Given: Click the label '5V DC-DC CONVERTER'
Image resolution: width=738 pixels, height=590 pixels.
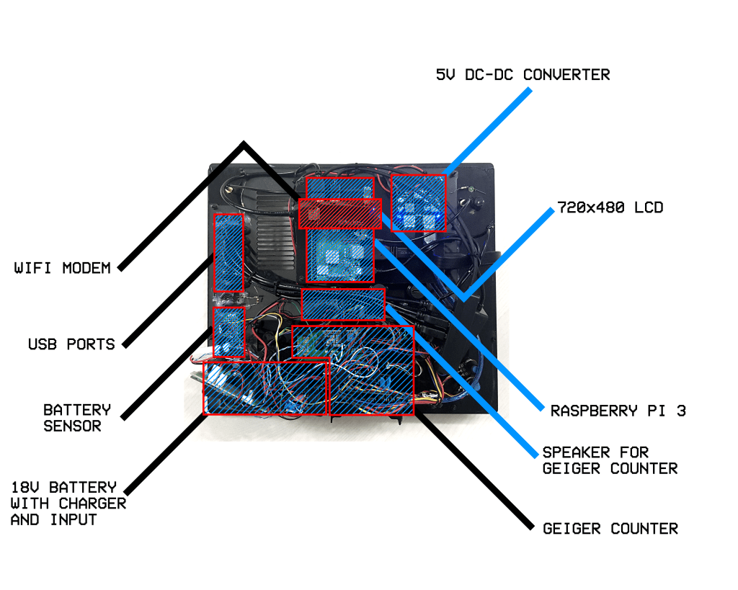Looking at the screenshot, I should (x=523, y=75).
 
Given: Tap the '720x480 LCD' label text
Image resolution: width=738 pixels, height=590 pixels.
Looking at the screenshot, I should (x=610, y=208).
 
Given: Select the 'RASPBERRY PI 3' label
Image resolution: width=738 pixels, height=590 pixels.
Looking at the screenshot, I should (x=618, y=411).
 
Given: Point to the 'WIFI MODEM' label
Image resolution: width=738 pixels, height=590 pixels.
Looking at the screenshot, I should (x=63, y=268).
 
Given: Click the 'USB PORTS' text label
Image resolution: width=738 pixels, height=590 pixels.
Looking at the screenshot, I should (x=71, y=344).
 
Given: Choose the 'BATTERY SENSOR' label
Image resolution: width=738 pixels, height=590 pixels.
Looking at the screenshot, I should (x=77, y=418).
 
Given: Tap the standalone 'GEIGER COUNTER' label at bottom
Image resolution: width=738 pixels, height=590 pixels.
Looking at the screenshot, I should (x=610, y=529).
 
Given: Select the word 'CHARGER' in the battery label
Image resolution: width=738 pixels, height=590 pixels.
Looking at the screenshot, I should (x=92, y=504).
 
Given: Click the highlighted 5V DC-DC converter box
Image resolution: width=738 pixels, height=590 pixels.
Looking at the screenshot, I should (x=418, y=202).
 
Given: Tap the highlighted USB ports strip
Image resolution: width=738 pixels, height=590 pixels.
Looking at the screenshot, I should (x=228, y=252).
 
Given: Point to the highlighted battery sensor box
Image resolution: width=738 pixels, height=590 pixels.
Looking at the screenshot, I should (x=229, y=332).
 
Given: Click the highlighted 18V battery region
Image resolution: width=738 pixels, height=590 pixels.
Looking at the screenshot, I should (x=265, y=388).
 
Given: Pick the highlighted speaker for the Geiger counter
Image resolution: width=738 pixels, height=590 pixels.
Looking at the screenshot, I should (x=343, y=305).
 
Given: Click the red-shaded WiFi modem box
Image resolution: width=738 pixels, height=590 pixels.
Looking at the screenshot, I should (x=339, y=213).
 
